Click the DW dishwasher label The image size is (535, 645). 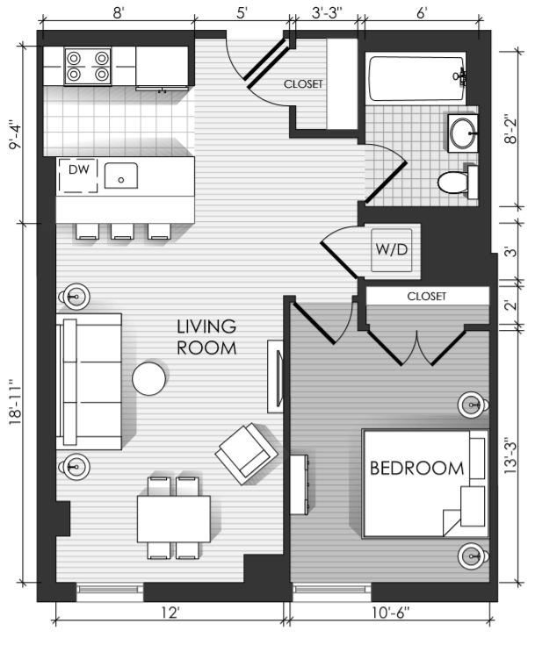(x=79, y=169)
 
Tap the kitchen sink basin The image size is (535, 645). (x=120, y=176)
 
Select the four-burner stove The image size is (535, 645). (x=88, y=66)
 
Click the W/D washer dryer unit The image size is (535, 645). (x=391, y=250)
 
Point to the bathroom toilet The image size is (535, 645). (x=458, y=182)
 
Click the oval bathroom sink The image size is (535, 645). (x=463, y=133)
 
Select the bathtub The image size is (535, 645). (x=416, y=78)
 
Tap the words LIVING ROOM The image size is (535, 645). (x=206, y=337)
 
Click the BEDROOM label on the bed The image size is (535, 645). (x=416, y=469)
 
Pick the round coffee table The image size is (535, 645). (x=148, y=378)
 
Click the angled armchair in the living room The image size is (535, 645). (x=247, y=454)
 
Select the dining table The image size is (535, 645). (x=174, y=519)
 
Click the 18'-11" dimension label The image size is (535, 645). (x=16, y=403)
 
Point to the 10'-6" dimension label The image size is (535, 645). (x=390, y=613)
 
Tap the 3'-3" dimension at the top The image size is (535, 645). (x=327, y=13)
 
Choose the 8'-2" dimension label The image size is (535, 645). (x=510, y=129)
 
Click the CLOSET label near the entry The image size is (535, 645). (x=303, y=84)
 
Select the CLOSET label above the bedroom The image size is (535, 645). (x=427, y=297)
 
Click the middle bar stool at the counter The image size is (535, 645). (x=122, y=231)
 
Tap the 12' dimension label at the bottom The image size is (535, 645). (x=170, y=613)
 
